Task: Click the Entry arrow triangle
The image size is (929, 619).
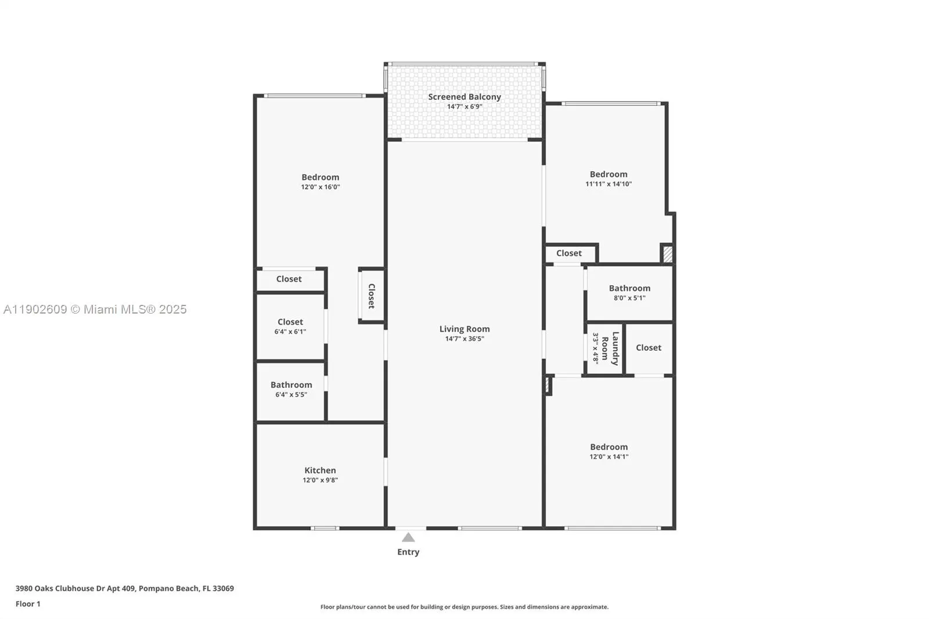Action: click(408, 538)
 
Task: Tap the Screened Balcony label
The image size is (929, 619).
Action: click(464, 97)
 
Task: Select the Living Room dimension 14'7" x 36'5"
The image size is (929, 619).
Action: click(464, 339)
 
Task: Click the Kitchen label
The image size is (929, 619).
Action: click(320, 470)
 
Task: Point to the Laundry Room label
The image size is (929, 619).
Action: click(610, 348)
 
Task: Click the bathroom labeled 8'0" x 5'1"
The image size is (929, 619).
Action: click(629, 293)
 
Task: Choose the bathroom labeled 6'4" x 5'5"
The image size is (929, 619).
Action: click(291, 389)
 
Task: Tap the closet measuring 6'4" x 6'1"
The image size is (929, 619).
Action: click(290, 326)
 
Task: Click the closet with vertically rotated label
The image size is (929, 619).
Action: click(372, 296)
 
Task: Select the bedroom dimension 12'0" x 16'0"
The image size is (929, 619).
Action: click(321, 187)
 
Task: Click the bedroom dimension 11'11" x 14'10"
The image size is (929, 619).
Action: click(608, 184)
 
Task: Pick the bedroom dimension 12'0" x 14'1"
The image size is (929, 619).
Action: click(609, 456)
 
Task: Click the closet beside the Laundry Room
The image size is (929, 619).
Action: click(649, 348)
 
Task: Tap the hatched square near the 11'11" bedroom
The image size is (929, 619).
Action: click(668, 254)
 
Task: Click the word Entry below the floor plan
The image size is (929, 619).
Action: click(408, 552)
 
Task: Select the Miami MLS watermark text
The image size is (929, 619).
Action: click(95, 310)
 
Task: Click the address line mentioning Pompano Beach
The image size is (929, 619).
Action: click(124, 588)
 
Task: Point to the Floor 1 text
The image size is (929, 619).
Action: click(28, 604)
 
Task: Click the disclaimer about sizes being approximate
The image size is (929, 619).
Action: click(464, 607)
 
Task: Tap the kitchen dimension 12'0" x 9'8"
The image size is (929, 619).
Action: click(320, 480)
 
